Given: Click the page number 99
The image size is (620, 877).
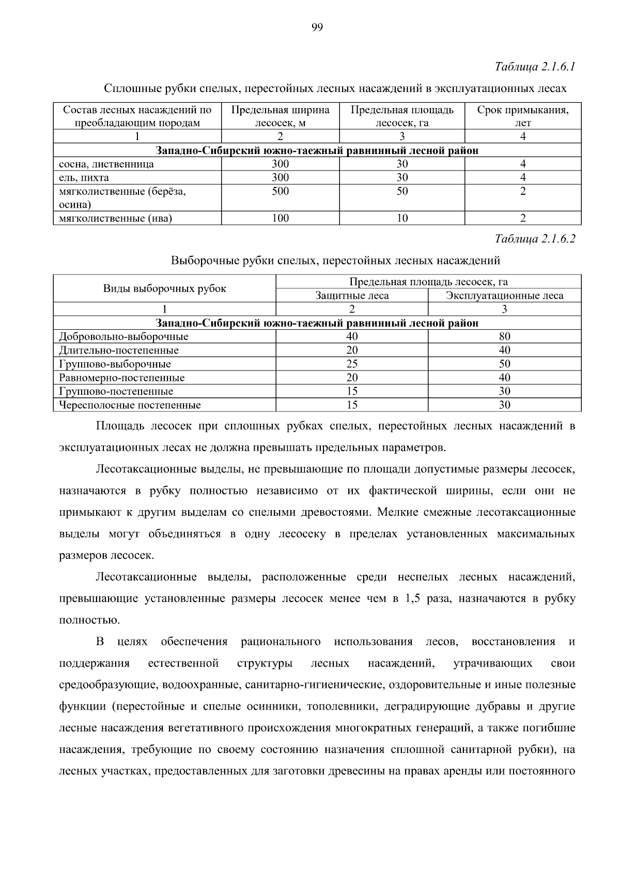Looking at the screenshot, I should pyautogui.click(x=317, y=28).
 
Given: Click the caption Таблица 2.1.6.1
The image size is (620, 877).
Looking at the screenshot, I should pyautogui.click(x=535, y=67).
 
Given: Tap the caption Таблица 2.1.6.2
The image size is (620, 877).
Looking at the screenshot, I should pyautogui.click(x=535, y=239).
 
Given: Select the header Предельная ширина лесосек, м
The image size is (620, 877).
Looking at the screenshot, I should pyautogui.click(x=280, y=116).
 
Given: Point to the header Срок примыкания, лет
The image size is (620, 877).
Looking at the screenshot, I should pyautogui.click(x=522, y=116).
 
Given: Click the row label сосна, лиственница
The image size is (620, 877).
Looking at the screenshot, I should pyautogui.click(x=106, y=164).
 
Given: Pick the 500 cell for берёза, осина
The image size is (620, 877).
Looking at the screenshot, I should pyautogui.click(x=280, y=191).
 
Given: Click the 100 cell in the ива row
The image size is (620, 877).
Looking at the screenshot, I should pyautogui.click(x=280, y=218).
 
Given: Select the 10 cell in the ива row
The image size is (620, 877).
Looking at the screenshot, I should pyautogui.click(x=402, y=218).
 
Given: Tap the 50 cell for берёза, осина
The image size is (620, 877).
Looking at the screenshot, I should pyautogui.click(x=402, y=191).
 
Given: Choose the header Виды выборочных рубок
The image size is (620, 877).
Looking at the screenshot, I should pyautogui.click(x=164, y=289).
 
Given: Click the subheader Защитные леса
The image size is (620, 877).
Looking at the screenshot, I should pyautogui.click(x=352, y=296).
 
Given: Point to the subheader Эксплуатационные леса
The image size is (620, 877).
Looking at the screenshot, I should pyautogui.click(x=504, y=296).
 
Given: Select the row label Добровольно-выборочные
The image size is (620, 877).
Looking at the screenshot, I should pyautogui.click(x=123, y=337).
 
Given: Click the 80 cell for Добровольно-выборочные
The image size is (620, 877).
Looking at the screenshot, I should pyautogui.click(x=504, y=337).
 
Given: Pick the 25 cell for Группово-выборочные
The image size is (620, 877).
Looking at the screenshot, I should pyautogui.click(x=352, y=364).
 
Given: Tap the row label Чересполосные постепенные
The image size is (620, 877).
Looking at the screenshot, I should pyautogui.click(x=130, y=405).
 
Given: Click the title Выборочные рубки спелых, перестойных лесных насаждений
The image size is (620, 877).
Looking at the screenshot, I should pyautogui.click(x=335, y=260).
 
